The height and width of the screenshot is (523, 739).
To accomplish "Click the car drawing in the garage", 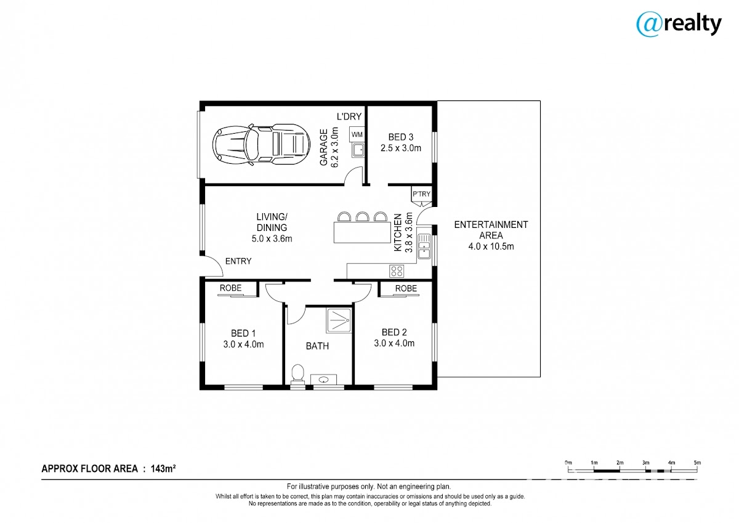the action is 261,145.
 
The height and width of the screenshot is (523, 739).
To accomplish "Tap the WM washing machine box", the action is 357,135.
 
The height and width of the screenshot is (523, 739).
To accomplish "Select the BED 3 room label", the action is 401,137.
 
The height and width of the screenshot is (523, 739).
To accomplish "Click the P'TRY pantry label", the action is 422,194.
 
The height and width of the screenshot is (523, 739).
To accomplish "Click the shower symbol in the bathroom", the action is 339,320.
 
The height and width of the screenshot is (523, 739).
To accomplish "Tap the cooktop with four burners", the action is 397,271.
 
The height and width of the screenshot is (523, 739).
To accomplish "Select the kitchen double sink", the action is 424,246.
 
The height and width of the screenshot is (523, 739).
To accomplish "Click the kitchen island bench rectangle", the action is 362,232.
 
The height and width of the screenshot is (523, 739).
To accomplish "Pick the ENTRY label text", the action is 238,261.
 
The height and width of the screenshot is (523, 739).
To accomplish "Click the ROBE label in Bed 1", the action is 230,288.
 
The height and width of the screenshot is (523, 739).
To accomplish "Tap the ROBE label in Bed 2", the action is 406,288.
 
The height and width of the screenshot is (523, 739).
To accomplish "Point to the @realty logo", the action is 679,25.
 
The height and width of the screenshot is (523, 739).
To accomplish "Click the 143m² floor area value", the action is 163,469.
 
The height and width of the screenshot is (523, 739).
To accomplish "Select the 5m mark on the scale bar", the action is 697,463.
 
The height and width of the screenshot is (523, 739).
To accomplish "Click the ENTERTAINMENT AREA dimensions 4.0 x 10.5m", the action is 491,246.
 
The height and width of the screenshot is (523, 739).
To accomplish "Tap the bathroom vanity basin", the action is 324,379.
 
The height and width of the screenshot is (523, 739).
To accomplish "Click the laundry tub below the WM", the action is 358,150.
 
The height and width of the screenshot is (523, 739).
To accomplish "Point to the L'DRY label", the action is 349,116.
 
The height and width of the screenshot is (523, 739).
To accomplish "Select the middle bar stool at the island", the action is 362,216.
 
